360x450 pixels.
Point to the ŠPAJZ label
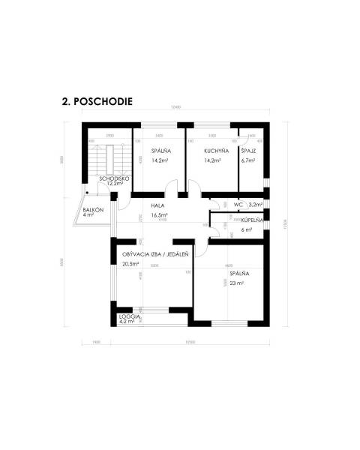(248, 151)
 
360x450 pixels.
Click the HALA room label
(157, 205)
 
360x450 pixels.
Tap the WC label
(238, 204)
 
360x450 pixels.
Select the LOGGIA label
(130, 317)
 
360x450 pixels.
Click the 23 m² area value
(237, 284)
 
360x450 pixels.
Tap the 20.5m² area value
(131, 264)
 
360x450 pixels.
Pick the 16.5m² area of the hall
(159, 214)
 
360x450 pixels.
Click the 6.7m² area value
(248, 160)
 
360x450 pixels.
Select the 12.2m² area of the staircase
(115, 184)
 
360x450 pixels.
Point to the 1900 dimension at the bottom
(96, 342)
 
